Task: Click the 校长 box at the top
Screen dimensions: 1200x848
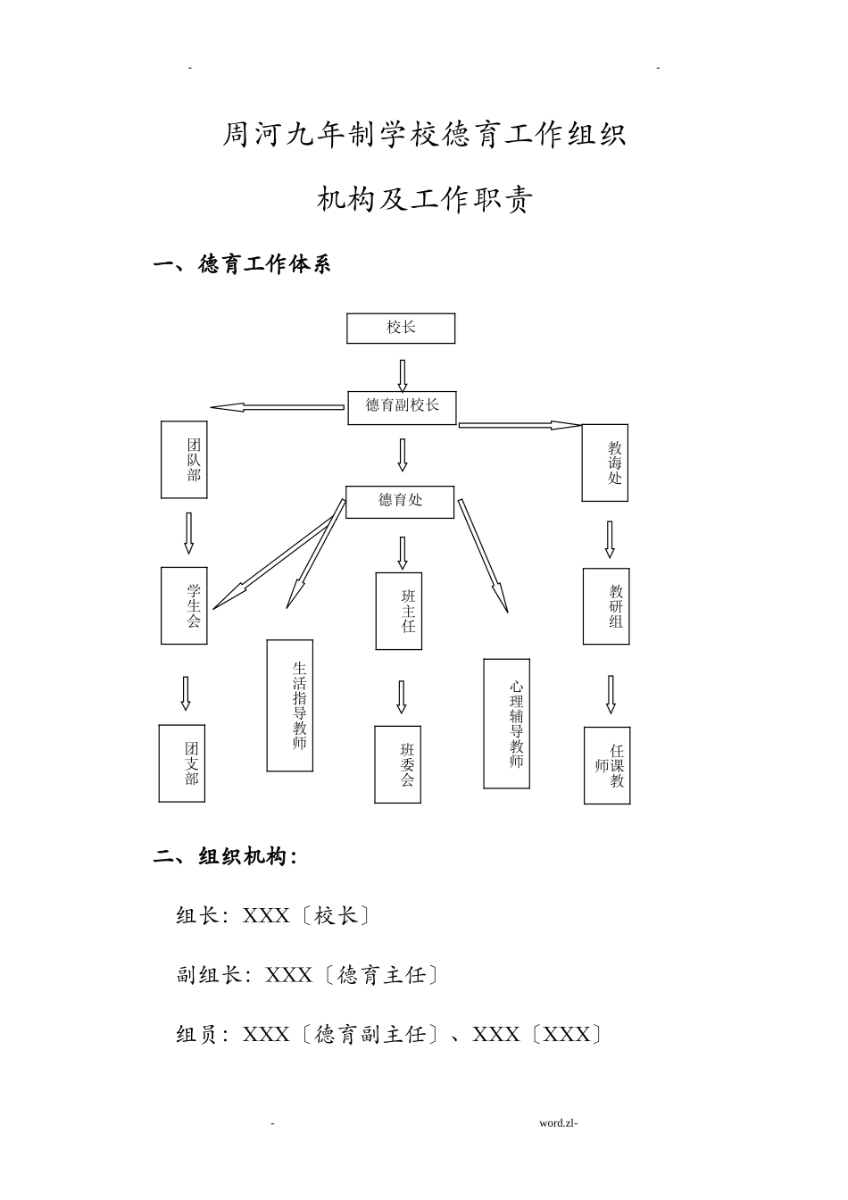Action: click(x=401, y=329)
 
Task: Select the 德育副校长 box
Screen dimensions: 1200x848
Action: click(x=402, y=407)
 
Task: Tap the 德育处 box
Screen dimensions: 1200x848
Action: click(x=400, y=501)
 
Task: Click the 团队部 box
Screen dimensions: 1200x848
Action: click(x=184, y=460)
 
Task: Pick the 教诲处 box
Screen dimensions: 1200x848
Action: click(x=604, y=462)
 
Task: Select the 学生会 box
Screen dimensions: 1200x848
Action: click(x=184, y=605)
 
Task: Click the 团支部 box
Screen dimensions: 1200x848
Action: click(x=182, y=763)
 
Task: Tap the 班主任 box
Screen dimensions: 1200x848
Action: click(x=398, y=611)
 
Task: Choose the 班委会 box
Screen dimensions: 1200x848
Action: click(x=397, y=764)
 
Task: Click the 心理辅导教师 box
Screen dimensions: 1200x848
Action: click(x=506, y=724)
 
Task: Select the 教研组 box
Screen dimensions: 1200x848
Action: click(x=606, y=606)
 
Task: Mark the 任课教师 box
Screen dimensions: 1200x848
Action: click(x=607, y=766)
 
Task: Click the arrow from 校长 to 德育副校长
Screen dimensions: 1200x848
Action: click(x=403, y=375)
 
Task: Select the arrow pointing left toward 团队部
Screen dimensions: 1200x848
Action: click(x=277, y=408)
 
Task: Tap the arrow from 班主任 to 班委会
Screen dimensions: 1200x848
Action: click(x=402, y=696)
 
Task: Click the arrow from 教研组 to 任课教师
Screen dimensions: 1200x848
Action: click(x=611, y=695)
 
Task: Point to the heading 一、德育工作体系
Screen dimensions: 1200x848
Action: click(x=242, y=265)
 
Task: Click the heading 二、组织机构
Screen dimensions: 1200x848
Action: click(x=225, y=857)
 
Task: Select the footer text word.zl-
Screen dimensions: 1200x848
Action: click(x=559, y=1123)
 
